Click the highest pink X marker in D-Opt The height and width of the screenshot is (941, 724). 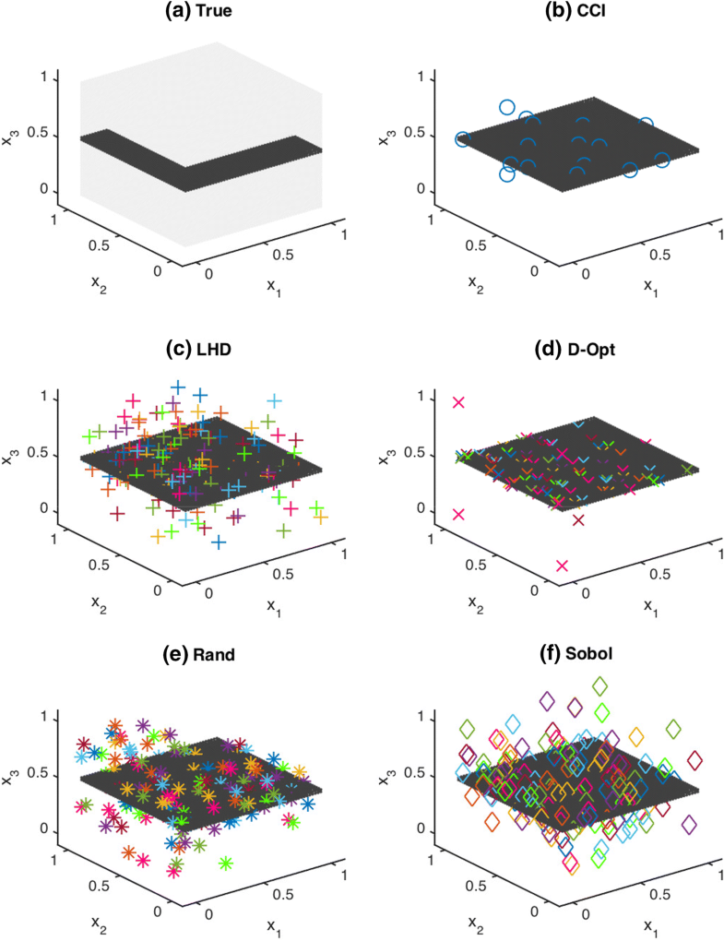(458, 402)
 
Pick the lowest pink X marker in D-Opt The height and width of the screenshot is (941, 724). (563, 566)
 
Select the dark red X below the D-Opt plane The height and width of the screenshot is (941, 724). (578, 520)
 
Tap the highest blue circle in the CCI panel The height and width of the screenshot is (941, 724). (506, 107)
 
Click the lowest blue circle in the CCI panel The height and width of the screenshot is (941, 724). (506, 174)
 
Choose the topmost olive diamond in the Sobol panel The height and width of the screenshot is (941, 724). (600, 685)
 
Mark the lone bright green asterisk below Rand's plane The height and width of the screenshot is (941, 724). (226, 864)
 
